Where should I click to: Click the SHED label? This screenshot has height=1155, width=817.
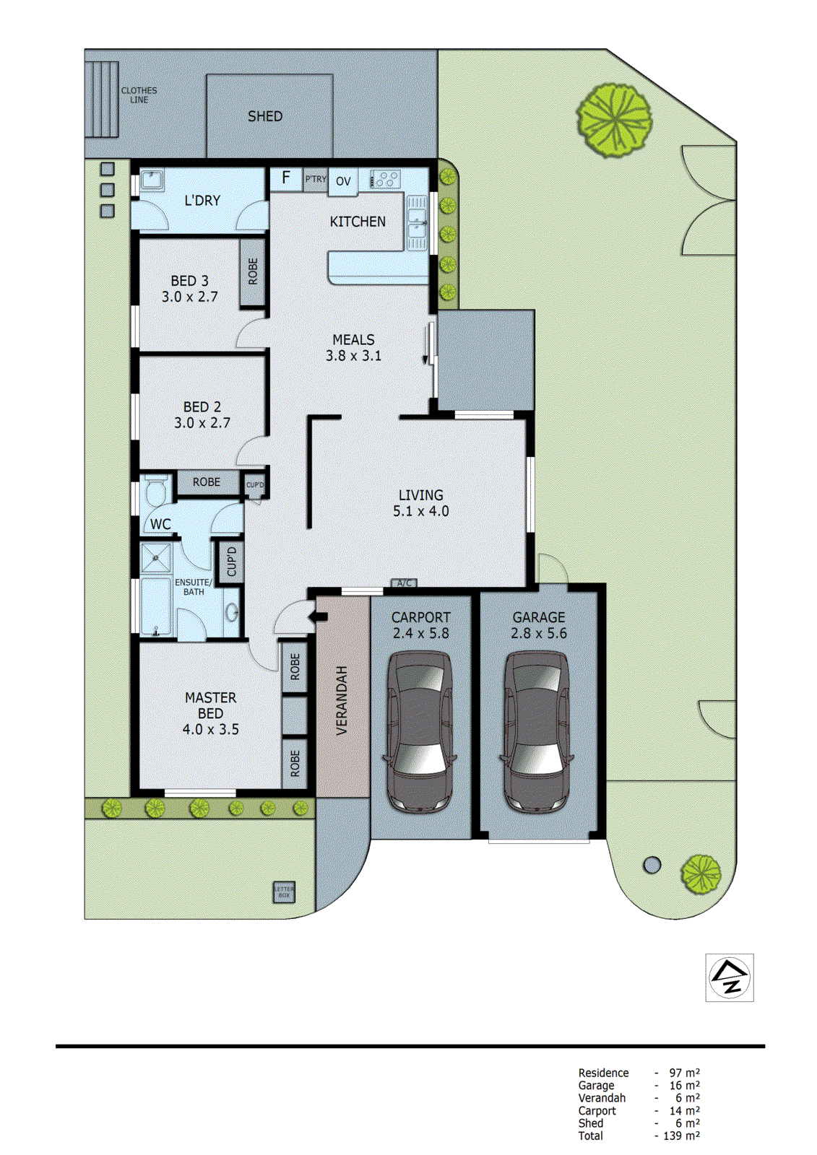coord(264,116)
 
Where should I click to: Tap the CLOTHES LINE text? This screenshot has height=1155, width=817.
coord(139,95)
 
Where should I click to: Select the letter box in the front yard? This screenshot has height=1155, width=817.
coord(284,892)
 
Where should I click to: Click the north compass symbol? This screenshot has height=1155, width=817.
coord(729,977)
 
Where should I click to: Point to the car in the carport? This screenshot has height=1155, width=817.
coord(420,731)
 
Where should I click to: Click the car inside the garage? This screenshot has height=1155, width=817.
coord(537,731)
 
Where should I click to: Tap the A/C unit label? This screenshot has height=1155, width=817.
coord(404,583)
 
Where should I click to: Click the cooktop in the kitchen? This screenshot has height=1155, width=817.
coord(386,178)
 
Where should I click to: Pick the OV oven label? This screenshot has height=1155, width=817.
coord(343,181)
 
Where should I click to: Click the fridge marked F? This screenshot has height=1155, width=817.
coord(286,178)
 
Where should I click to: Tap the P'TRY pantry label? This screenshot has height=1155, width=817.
coord(316,179)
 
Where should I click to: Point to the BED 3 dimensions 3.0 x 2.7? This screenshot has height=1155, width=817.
coord(189,297)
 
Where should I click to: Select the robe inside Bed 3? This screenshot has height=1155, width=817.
coord(253,271)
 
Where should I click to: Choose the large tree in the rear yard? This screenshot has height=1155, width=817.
coord(614,120)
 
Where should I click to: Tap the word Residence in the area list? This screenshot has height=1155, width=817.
coord(603,1073)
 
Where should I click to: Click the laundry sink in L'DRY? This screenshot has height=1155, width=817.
coord(152,178)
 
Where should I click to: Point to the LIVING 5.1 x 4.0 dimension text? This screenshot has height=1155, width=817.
coord(420,511)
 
